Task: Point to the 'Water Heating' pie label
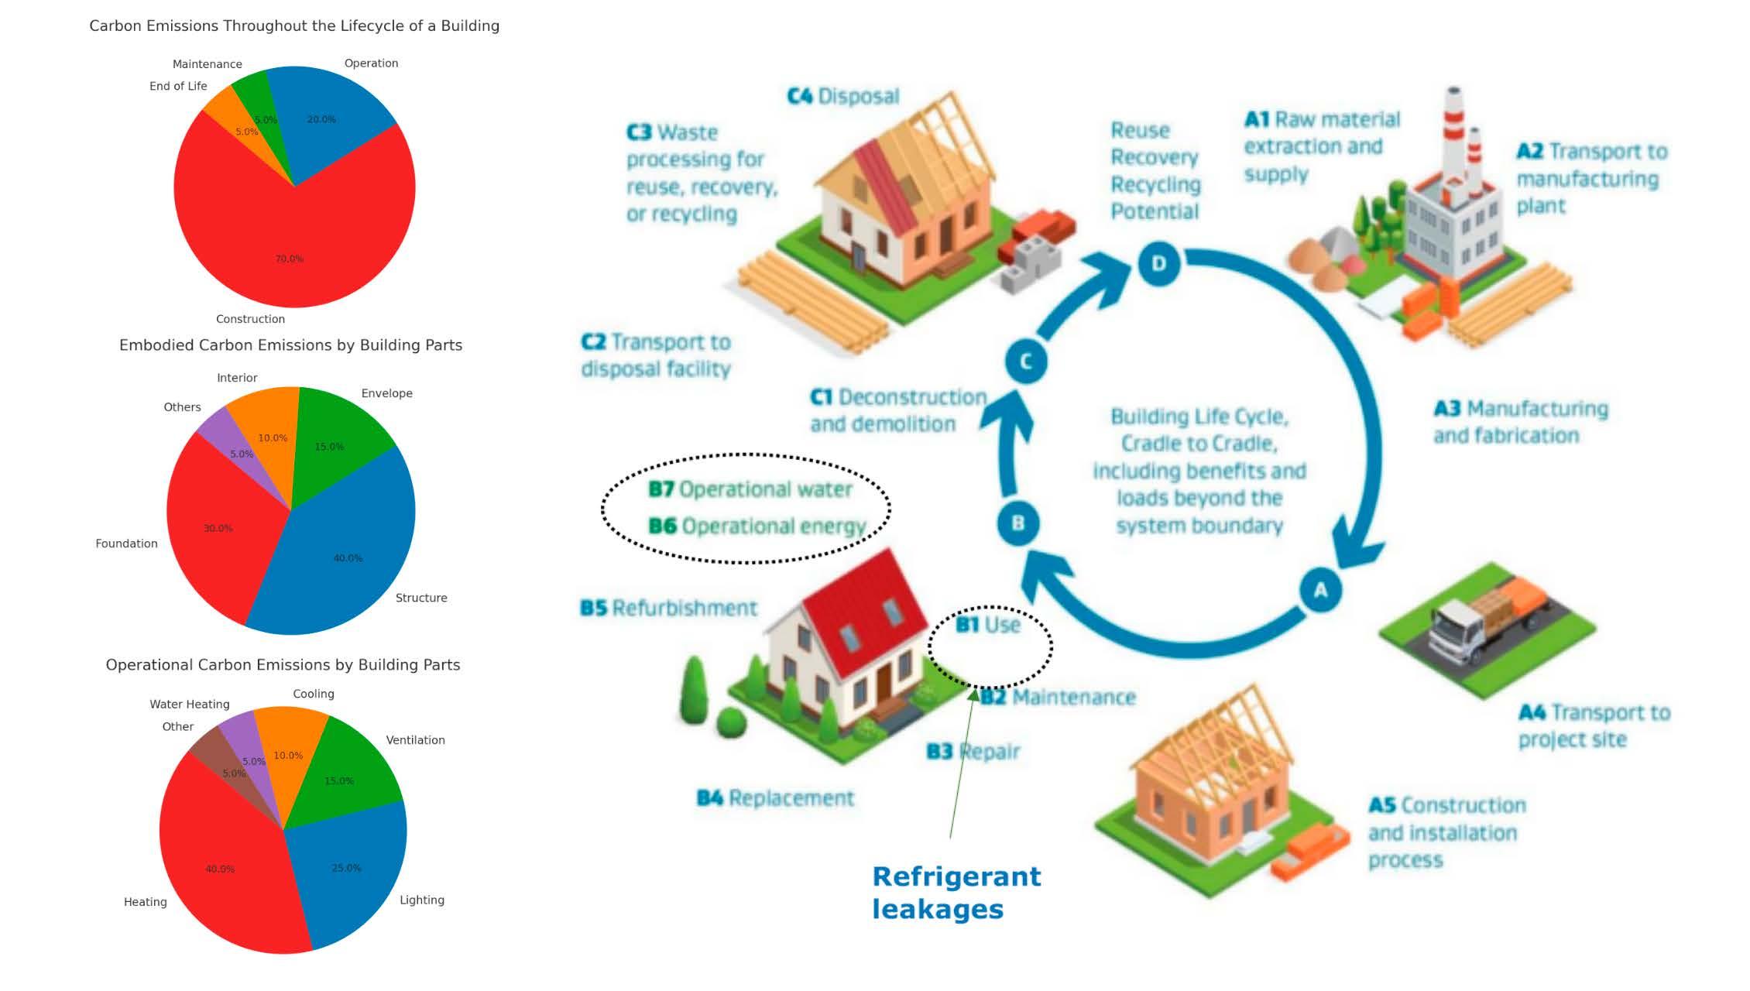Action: click(190, 705)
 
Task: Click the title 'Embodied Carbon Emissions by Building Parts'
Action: click(290, 345)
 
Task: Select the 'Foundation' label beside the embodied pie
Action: click(126, 544)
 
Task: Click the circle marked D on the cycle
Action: click(1158, 263)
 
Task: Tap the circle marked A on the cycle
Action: click(1320, 590)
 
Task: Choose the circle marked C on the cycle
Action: click(1026, 361)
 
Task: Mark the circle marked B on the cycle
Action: click(1018, 523)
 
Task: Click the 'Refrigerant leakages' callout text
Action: click(956, 893)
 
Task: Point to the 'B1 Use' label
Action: click(988, 625)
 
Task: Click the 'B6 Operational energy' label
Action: click(757, 526)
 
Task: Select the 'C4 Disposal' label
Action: click(843, 97)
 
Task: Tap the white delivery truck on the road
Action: click(1456, 635)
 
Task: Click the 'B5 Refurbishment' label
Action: click(668, 609)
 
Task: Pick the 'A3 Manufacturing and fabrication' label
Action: click(1520, 422)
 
